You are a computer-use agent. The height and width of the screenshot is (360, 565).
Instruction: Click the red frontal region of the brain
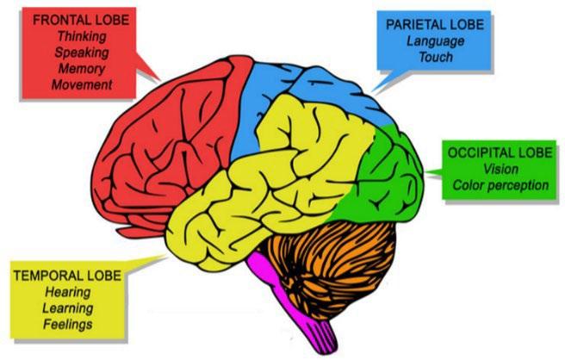click(155, 146)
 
